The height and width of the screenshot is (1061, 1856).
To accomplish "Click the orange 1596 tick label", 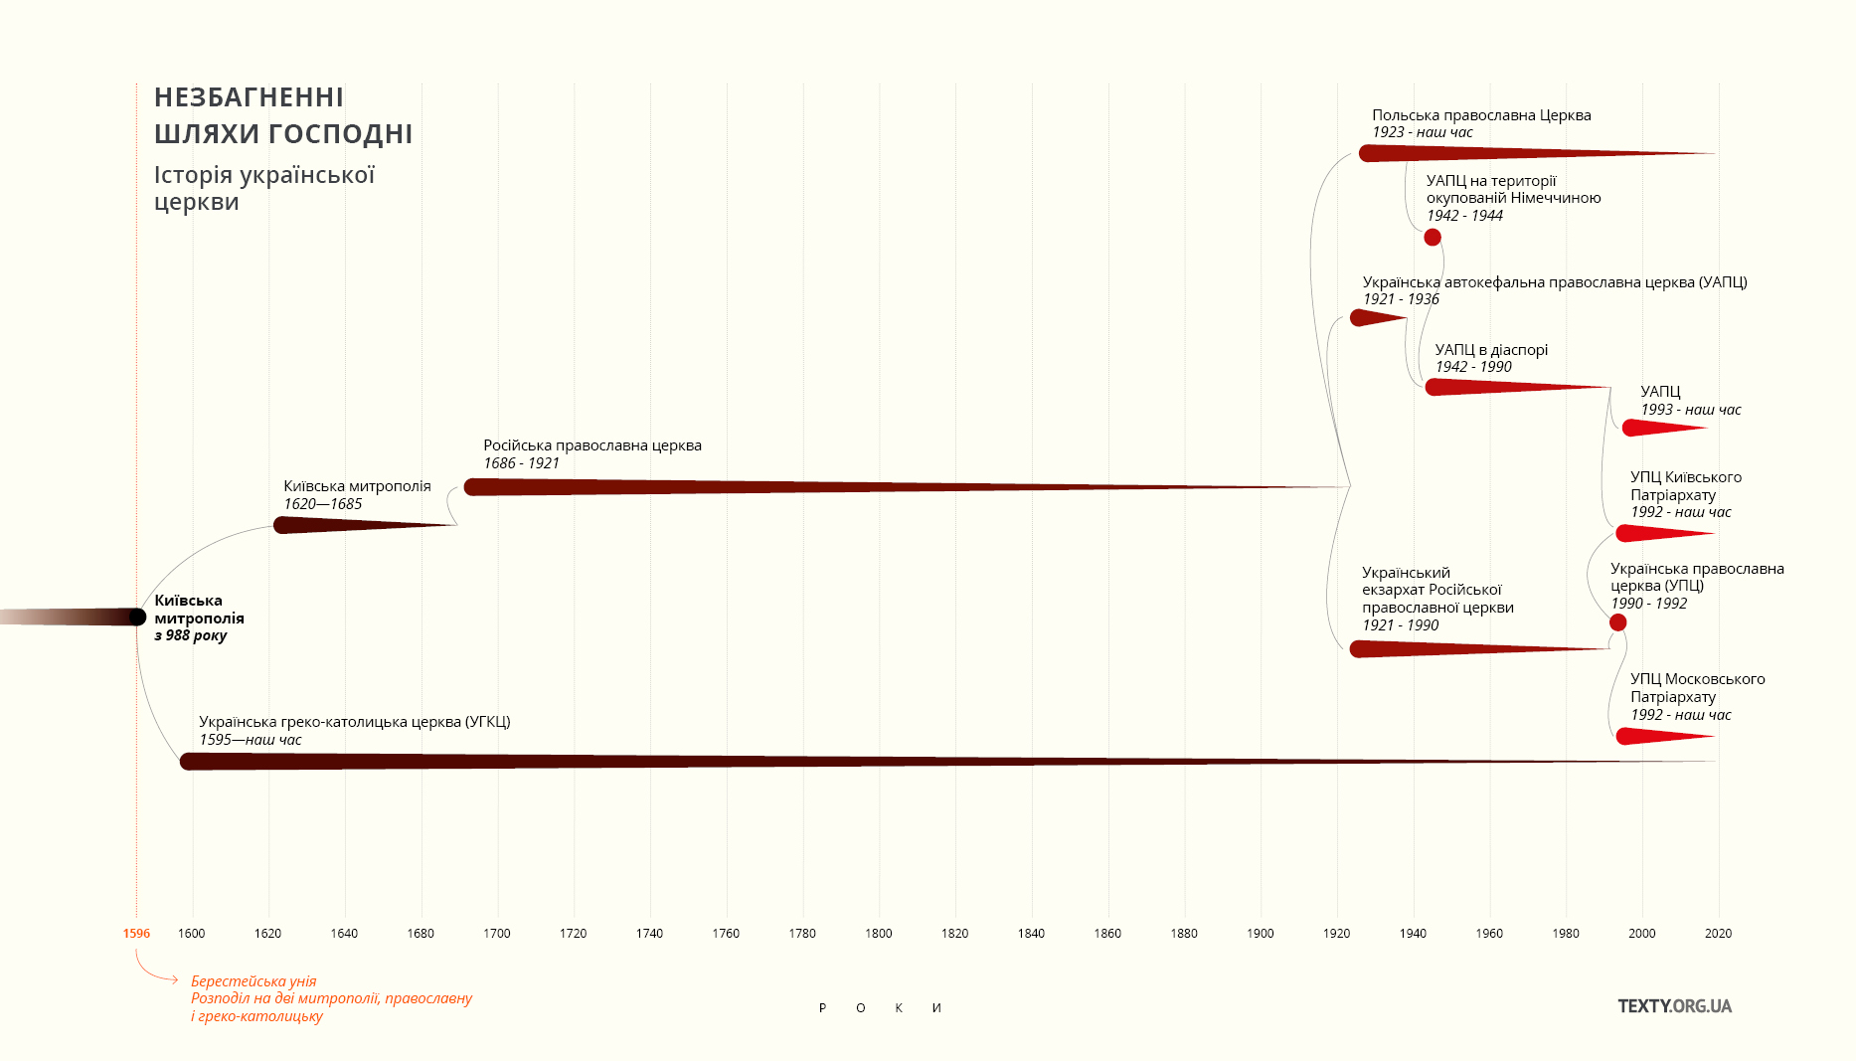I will (136, 934).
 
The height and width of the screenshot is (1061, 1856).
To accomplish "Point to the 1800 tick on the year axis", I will (879, 934).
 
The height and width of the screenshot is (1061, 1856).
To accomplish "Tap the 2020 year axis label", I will (1718, 934).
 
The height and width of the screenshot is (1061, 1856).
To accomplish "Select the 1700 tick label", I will (497, 934).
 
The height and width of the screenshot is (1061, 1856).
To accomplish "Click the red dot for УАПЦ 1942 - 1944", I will (1433, 237).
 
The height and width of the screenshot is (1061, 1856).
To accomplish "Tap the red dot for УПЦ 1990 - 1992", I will (1617, 622).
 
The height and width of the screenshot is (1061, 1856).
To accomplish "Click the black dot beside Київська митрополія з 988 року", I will (137, 617).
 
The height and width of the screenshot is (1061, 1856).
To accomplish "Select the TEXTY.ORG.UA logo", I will (1674, 1006).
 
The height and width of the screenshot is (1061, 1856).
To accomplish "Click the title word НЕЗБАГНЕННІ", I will (249, 97).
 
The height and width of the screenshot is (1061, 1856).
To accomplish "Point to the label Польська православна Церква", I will (1481, 115).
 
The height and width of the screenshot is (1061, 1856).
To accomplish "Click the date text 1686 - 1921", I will (521, 463).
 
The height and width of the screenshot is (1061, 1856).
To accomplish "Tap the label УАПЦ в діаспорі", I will (1491, 350).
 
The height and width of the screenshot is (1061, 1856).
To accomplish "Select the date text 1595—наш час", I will (250, 740).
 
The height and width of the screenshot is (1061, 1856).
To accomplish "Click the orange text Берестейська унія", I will (253, 981).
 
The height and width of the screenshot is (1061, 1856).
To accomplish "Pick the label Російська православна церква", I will (592, 445).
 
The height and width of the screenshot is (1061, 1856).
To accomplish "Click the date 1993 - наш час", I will (1690, 410).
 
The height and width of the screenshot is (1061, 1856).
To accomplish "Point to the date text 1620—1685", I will (322, 504).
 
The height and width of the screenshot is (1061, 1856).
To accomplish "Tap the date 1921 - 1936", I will (1401, 299).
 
